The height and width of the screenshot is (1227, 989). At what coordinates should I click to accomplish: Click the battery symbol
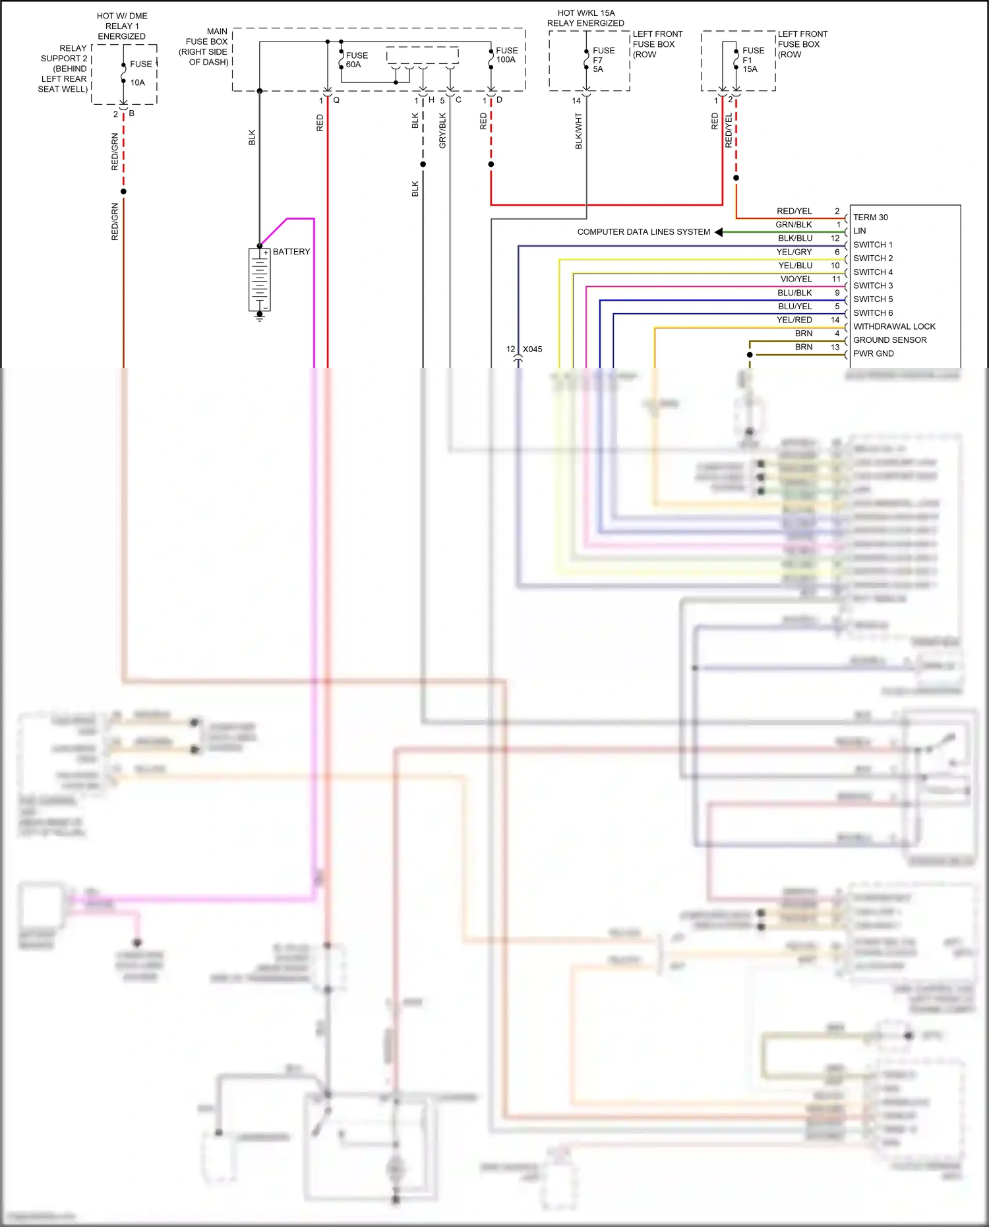pyautogui.click(x=259, y=280)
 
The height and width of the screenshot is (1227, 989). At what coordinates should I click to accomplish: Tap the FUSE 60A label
pyautogui.click(x=357, y=60)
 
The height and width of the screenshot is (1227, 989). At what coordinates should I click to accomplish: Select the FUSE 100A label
pyautogui.click(x=506, y=55)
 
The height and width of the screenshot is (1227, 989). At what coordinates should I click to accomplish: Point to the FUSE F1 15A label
pyautogui.click(x=752, y=59)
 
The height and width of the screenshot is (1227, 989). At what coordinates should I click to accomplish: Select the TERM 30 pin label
pyautogui.click(x=870, y=218)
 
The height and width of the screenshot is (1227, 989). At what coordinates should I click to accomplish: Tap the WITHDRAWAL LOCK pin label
pyautogui.click(x=893, y=326)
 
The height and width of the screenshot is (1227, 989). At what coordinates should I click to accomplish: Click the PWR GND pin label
pyautogui.click(x=873, y=353)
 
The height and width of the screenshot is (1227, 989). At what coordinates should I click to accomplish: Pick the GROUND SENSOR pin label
pyautogui.click(x=889, y=340)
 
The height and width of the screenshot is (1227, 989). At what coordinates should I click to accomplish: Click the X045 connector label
pyautogui.click(x=532, y=349)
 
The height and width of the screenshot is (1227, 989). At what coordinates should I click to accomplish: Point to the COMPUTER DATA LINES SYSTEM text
pyautogui.click(x=644, y=232)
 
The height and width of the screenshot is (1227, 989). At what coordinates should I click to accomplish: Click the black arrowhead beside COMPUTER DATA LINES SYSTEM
pyautogui.click(x=719, y=232)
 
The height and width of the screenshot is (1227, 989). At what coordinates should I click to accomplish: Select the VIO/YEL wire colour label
pyautogui.click(x=796, y=279)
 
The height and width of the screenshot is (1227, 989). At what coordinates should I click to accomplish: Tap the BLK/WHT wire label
pyautogui.click(x=579, y=131)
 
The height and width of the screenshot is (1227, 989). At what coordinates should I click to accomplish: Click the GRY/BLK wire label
pyautogui.click(x=442, y=131)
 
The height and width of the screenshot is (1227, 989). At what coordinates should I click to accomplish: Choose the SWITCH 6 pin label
pyautogui.click(x=872, y=313)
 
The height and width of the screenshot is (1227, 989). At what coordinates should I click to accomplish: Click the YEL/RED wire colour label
pyautogui.click(x=794, y=320)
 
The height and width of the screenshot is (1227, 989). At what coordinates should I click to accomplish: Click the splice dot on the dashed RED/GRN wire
pyautogui.click(x=123, y=191)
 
